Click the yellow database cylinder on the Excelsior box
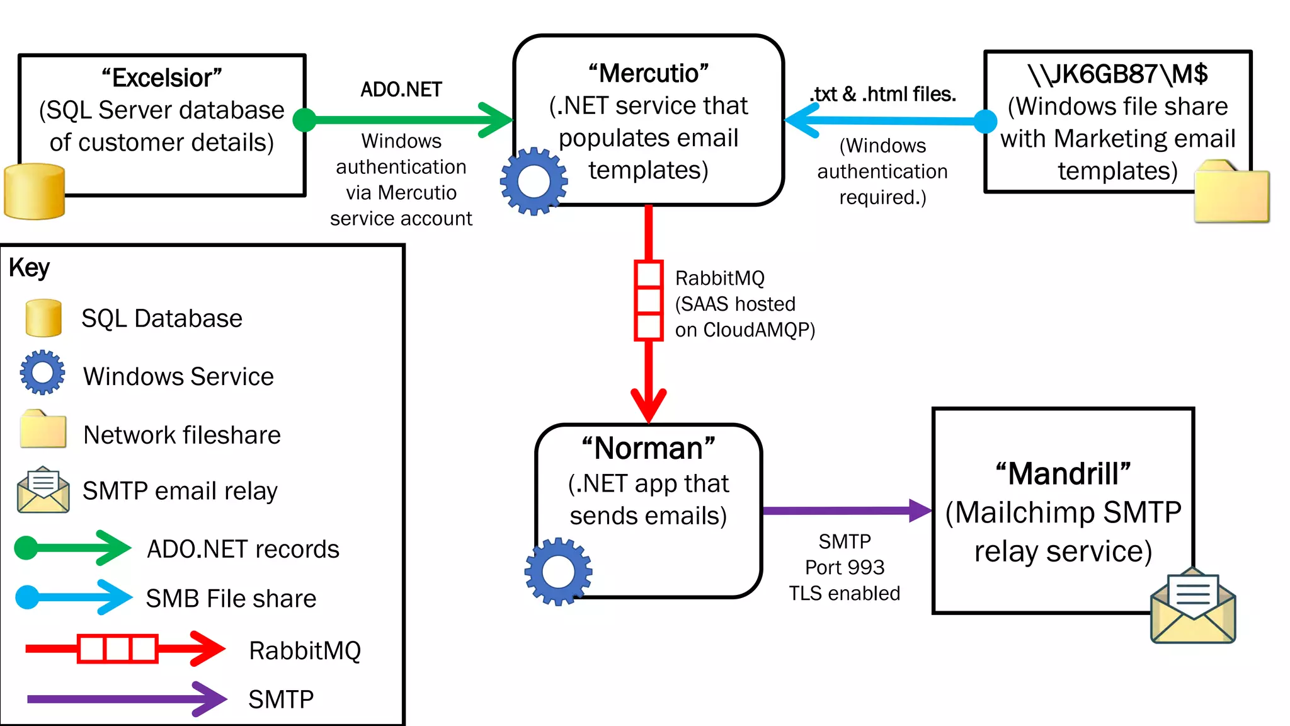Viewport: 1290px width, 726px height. point(35,192)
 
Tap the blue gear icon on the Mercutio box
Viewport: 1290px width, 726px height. point(534,181)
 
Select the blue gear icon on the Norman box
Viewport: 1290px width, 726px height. point(558,572)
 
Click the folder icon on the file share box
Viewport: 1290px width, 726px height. point(1231,192)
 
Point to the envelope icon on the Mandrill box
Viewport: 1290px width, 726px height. point(1193,606)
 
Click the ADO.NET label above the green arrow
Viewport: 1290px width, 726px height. point(401,89)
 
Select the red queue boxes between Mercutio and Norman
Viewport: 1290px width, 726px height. point(648,301)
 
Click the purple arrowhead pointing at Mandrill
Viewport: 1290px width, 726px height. point(920,510)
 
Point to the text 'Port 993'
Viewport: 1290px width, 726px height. point(845,567)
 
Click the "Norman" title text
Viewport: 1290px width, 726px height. point(648,449)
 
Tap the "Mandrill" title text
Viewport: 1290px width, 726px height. point(1063,474)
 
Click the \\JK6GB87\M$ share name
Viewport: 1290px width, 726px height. point(1117,74)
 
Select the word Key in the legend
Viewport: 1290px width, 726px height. point(29,268)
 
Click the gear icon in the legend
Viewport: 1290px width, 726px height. point(42,372)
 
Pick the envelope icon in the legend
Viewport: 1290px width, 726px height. point(43,490)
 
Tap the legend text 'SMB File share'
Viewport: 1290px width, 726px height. point(231,599)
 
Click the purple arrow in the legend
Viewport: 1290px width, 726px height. point(126,699)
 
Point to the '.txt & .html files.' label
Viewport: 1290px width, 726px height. point(882,95)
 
